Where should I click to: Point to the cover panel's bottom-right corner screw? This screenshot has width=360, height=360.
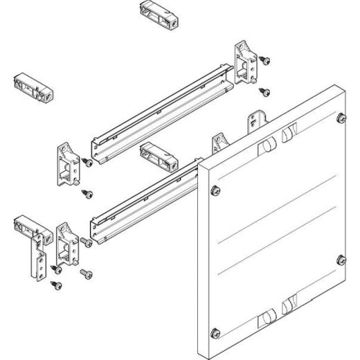coord(340,259)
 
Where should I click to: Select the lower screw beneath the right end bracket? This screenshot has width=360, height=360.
coord(264,90)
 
